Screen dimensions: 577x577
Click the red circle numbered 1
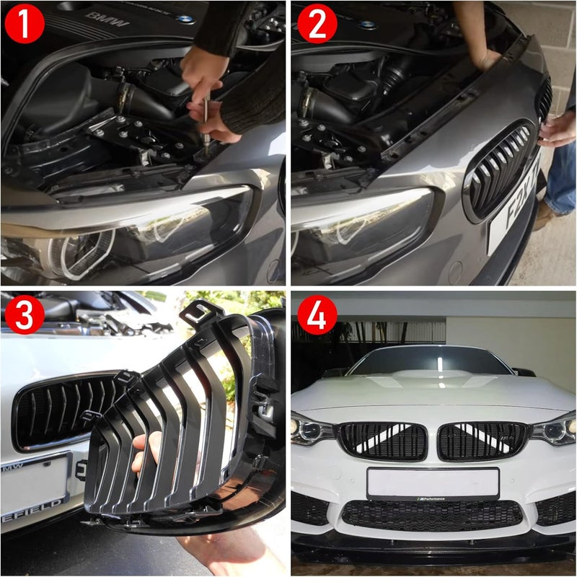click(24, 24)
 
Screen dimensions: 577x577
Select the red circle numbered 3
click(24, 315)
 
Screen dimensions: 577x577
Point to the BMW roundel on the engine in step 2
click(368, 25)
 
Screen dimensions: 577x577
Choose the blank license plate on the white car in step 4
click(433, 482)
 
